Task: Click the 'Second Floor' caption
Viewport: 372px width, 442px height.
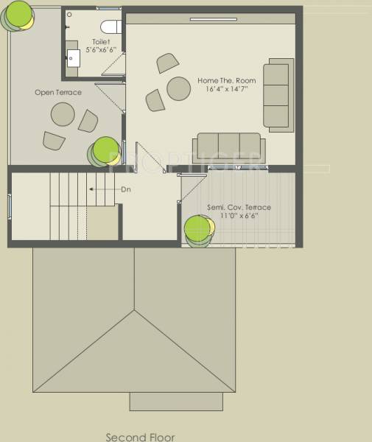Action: click(x=140, y=436)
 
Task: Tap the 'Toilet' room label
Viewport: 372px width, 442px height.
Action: click(x=102, y=42)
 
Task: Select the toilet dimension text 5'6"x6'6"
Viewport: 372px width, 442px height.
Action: click(x=101, y=50)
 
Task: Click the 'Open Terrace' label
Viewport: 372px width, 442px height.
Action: click(x=58, y=93)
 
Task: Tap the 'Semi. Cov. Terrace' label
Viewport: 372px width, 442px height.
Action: click(x=239, y=207)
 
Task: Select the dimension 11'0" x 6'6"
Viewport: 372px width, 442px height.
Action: click(x=239, y=217)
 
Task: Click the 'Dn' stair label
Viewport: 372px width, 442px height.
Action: click(x=126, y=189)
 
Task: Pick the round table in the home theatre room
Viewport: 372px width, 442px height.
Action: click(x=179, y=88)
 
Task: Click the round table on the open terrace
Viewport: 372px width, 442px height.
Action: click(x=62, y=114)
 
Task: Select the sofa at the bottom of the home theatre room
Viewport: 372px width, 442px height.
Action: click(x=228, y=147)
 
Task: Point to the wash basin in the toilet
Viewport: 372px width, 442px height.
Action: click(x=74, y=59)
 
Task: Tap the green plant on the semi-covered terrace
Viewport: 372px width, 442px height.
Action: click(x=198, y=230)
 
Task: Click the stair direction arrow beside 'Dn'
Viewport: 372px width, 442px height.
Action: click(x=103, y=189)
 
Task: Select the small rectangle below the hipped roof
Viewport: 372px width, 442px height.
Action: click(x=176, y=401)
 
